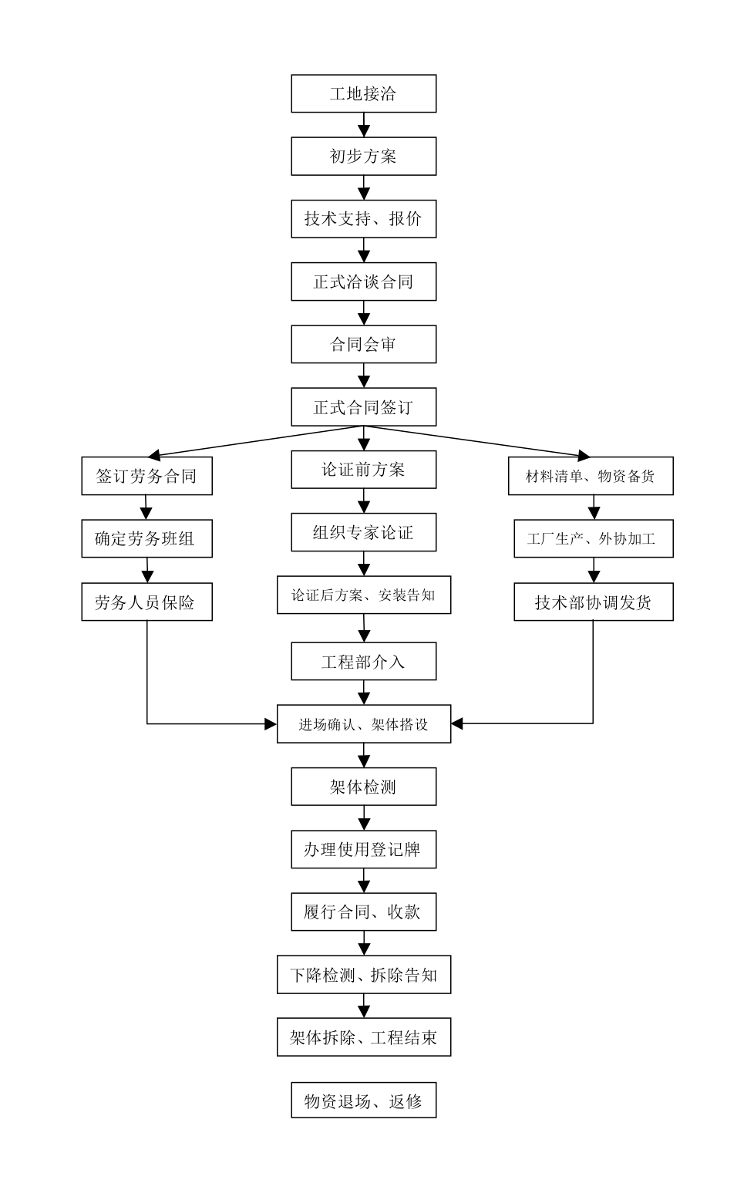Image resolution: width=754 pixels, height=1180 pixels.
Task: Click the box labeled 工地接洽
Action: point(363,93)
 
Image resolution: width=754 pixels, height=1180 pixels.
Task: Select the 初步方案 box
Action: point(363,156)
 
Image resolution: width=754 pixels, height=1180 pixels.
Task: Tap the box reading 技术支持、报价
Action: point(363,219)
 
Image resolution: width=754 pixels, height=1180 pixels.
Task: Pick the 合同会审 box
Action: point(363,344)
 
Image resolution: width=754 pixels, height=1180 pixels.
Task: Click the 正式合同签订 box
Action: point(363,407)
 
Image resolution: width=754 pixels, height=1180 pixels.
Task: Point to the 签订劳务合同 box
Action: point(146,476)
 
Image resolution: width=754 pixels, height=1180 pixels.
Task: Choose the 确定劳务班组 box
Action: point(146,538)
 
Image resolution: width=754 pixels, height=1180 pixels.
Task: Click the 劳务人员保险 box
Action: point(146,602)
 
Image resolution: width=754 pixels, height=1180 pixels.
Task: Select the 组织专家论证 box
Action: point(363,532)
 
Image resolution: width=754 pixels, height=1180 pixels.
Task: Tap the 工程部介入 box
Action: point(363,661)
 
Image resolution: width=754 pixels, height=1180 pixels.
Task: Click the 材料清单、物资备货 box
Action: point(591,476)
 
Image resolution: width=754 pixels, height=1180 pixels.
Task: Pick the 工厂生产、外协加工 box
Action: point(593,538)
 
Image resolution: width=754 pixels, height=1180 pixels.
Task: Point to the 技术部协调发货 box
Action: point(593,602)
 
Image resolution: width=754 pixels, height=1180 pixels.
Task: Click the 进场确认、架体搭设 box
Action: point(363,724)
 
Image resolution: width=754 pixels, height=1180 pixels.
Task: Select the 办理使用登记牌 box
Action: point(363,849)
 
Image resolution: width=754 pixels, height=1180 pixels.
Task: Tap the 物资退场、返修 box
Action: point(363,1101)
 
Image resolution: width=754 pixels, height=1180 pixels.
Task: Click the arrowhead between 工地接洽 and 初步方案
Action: point(364,130)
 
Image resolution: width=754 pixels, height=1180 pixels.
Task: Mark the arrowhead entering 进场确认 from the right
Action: point(457,723)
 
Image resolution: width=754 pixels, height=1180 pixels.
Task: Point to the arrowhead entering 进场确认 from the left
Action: point(271,723)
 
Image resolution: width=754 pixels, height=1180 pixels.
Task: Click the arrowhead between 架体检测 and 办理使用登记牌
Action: point(364,824)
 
